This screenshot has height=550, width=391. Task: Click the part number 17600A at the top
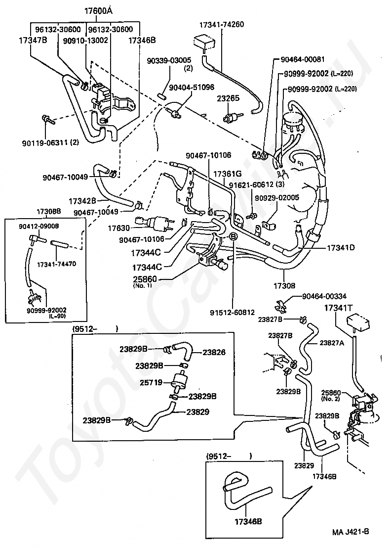click(98, 11)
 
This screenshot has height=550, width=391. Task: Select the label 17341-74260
click(222, 25)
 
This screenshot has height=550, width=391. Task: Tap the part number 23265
click(228, 98)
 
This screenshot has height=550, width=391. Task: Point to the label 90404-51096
click(192, 88)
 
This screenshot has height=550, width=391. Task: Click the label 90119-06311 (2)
click(50, 142)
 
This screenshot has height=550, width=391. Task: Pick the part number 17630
click(118, 229)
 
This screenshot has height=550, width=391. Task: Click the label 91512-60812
click(233, 312)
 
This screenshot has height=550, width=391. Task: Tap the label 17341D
click(341, 248)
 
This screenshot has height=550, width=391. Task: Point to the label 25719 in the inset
click(151, 382)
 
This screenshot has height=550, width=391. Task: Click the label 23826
click(214, 353)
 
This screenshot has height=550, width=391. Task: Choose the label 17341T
click(338, 308)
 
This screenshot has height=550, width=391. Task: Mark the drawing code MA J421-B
click(351, 531)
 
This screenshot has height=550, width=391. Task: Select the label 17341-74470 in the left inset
click(56, 264)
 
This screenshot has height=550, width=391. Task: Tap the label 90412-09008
click(39, 226)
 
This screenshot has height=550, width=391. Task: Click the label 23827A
click(332, 343)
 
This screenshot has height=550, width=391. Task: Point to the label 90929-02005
click(277, 198)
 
